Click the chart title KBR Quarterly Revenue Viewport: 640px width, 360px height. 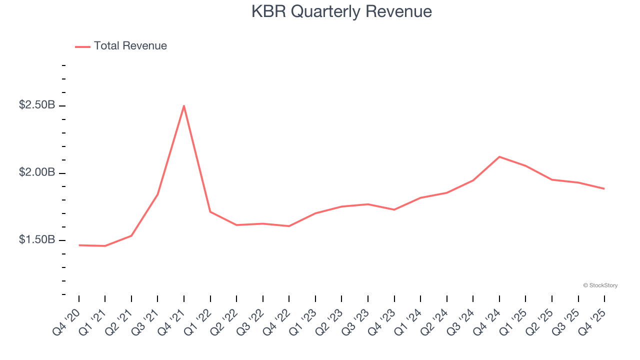click(x=341, y=11)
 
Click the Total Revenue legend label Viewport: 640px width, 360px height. click(x=130, y=46)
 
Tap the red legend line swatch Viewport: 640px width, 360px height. click(x=82, y=46)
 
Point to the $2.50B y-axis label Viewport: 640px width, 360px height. click(x=37, y=106)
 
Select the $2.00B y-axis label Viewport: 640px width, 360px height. click(x=37, y=173)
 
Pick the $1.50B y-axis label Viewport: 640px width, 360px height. click(x=37, y=240)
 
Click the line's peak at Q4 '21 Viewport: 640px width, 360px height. click(x=184, y=106)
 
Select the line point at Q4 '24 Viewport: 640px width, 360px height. click(x=499, y=157)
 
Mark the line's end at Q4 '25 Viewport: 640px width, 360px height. click(x=604, y=188)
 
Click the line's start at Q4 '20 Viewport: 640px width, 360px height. click(x=79, y=245)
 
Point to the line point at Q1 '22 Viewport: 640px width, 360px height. click(x=210, y=211)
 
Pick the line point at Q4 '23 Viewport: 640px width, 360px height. click(x=394, y=209)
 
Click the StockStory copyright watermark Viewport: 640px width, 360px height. click(x=600, y=285)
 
